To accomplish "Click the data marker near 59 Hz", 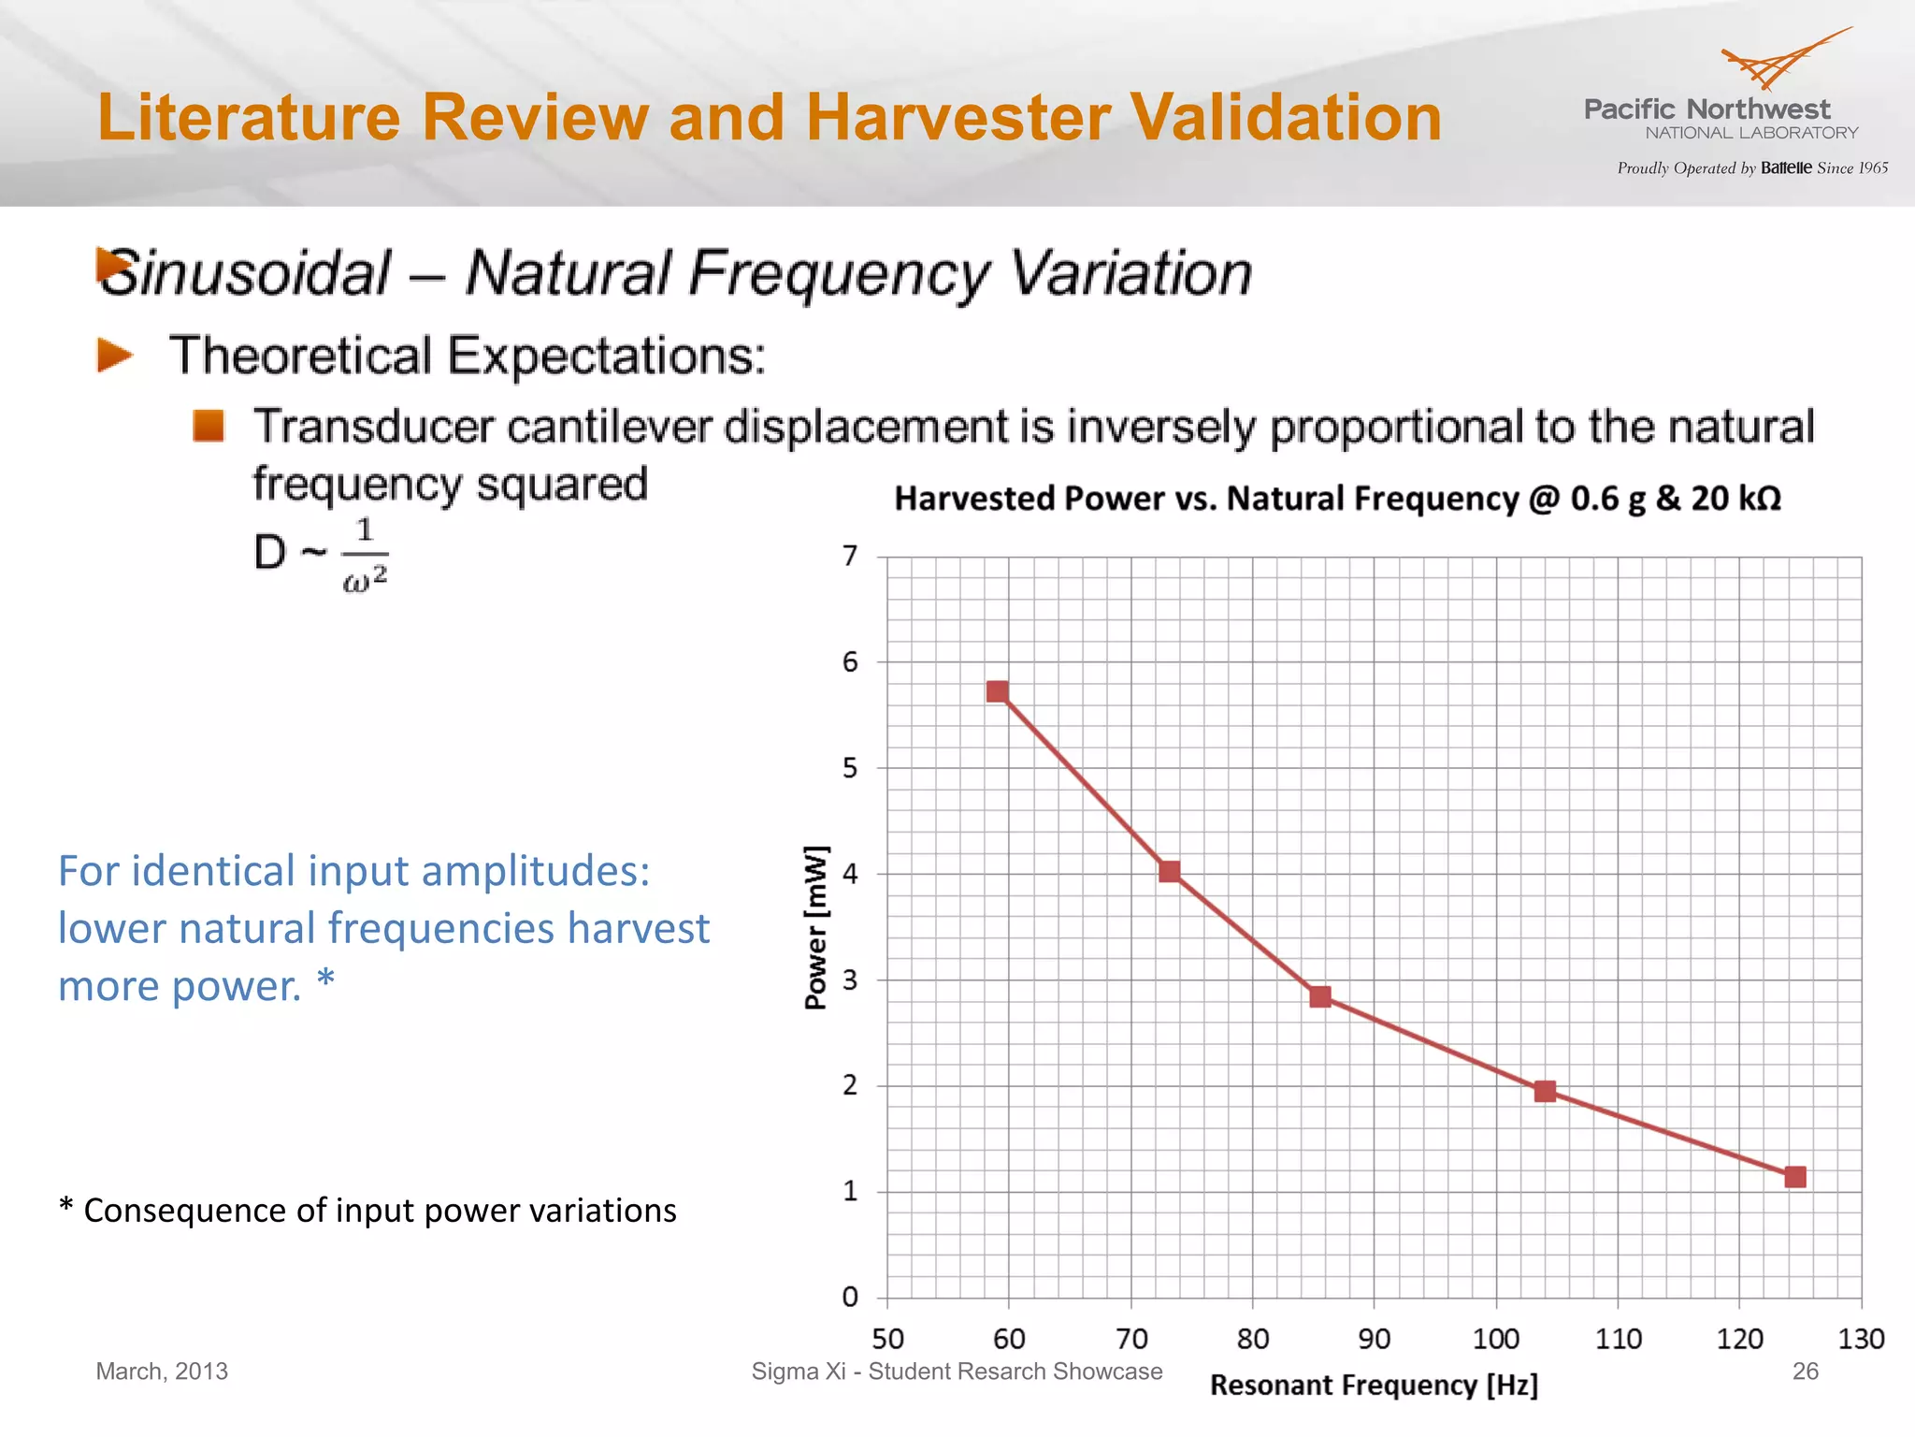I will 997,691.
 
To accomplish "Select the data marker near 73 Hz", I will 1169,872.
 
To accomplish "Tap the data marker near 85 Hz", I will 1319,996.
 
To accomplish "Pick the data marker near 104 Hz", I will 1545,1091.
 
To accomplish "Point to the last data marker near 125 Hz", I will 1794,1176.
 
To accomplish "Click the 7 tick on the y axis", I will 849,556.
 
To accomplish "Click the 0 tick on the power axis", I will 849,1297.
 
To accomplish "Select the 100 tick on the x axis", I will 1495,1339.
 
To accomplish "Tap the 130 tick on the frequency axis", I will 1860,1339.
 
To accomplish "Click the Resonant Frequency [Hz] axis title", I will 1373,1385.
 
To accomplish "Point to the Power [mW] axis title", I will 815,926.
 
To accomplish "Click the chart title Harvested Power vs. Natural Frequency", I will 1337,498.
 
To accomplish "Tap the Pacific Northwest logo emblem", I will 1781,61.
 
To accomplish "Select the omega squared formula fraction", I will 365,555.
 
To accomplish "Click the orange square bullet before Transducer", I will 209,426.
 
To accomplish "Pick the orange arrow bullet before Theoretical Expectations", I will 115,356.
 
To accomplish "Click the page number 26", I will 1805,1372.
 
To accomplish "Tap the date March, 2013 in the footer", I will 162,1372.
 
